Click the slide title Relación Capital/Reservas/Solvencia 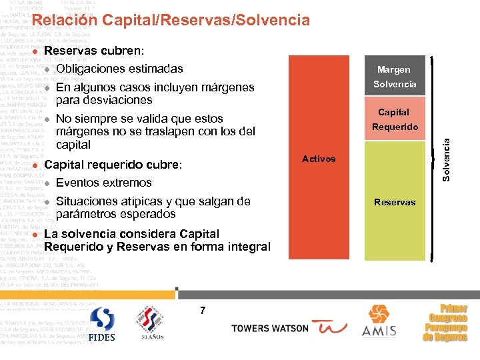point(171,21)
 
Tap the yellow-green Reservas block point(394,201)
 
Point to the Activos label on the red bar point(319,159)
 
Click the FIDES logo point(102,325)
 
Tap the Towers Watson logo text point(270,328)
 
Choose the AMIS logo point(379,321)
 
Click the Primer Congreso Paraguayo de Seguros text point(445,323)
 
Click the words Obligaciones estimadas point(119,69)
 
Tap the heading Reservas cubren point(93,51)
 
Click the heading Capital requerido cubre point(112,165)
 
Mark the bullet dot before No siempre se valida point(47,119)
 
